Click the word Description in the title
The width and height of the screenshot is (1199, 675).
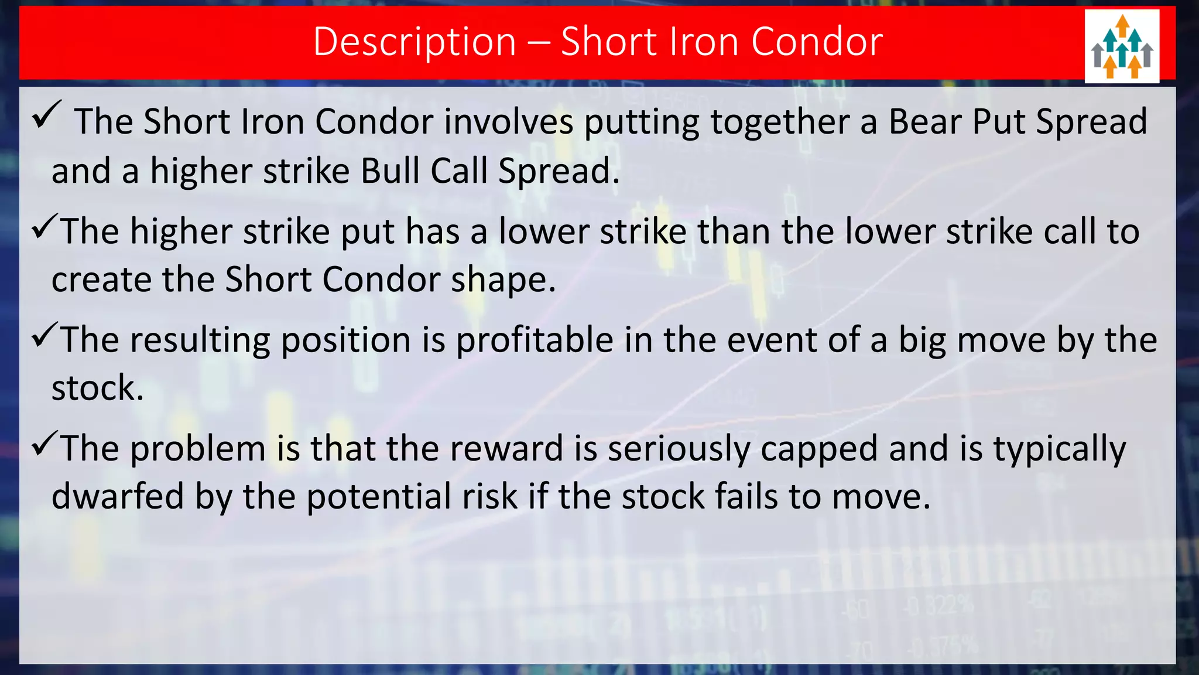[414, 42]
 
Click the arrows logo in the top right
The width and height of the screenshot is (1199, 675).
[1122, 46]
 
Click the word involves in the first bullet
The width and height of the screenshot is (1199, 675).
[508, 122]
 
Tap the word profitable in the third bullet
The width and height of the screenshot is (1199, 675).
[534, 340]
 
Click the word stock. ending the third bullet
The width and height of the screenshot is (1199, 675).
[97, 388]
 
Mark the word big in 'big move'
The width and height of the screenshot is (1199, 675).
[922, 341]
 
